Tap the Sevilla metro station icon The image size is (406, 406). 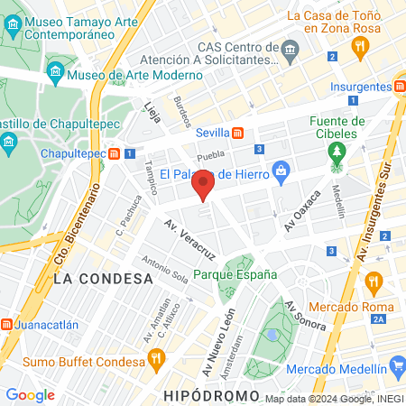click(237, 133)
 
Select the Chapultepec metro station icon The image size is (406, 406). click(115, 153)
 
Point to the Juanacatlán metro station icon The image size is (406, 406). click(5, 324)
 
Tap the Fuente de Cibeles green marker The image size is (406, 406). click(337, 152)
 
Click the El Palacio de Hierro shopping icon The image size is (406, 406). click(281, 169)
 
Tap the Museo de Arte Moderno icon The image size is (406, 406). click(56, 70)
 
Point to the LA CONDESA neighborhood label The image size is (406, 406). click(103, 279)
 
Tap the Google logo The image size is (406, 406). click(30, 394)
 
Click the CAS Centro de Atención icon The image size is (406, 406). click(290, 48)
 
